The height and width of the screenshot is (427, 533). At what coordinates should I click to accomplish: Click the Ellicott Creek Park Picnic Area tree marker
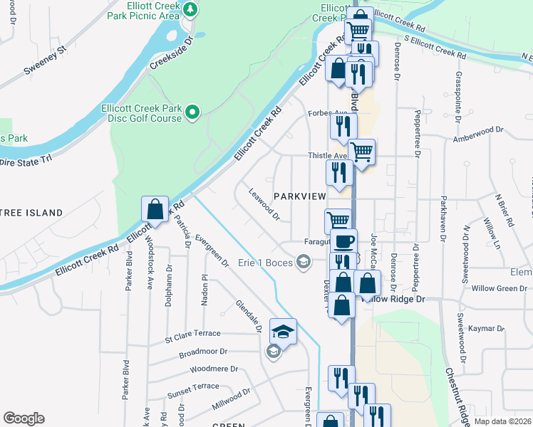point(190,9)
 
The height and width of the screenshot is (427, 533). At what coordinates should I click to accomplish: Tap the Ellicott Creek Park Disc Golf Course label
point(141,113)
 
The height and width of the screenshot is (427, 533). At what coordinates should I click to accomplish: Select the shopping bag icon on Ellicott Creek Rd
point(155,210)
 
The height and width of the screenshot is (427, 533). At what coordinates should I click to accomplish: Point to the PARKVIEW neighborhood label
point(299,196)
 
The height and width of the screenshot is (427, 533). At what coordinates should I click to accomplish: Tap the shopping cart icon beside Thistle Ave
point(362,152)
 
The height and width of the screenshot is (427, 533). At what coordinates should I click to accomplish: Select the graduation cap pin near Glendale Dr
point(283,331)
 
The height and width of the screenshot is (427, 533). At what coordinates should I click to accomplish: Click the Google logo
point(24,418)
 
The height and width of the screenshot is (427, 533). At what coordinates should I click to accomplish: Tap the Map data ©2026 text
point(501,421)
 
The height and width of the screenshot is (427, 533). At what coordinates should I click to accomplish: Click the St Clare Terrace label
point(192,333)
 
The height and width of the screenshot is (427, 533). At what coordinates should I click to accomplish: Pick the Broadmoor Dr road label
point(203,352)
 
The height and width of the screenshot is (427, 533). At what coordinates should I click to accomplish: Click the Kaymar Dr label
point(487,329)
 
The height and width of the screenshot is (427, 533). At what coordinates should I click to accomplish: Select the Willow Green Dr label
point(491,289)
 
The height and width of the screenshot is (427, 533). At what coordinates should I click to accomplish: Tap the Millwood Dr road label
point(231,402)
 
